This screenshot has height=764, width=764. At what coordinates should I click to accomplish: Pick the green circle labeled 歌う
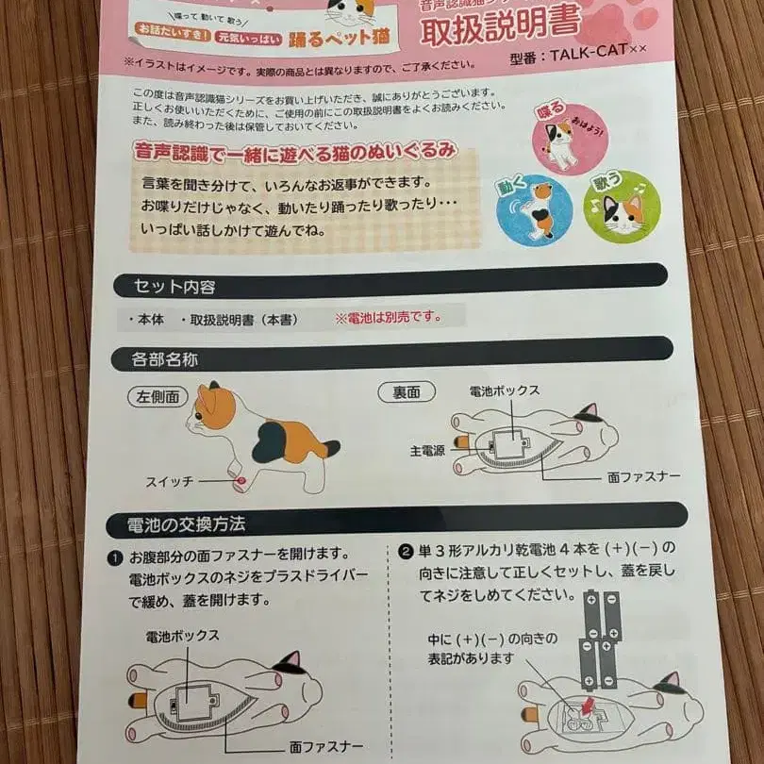click(x=622, y=208)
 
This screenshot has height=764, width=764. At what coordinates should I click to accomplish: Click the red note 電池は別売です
click(x=388, y=318)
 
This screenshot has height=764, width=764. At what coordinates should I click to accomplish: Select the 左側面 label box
click(x=158, y=396)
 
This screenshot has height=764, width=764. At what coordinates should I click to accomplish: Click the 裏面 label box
click(x=400, y=391)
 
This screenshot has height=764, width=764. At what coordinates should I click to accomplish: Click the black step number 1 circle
click(x=114, y=557)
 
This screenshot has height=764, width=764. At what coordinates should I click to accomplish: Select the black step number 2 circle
click(x=406, y=551)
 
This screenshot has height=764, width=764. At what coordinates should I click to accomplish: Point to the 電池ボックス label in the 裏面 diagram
click(x=506, y=390)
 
